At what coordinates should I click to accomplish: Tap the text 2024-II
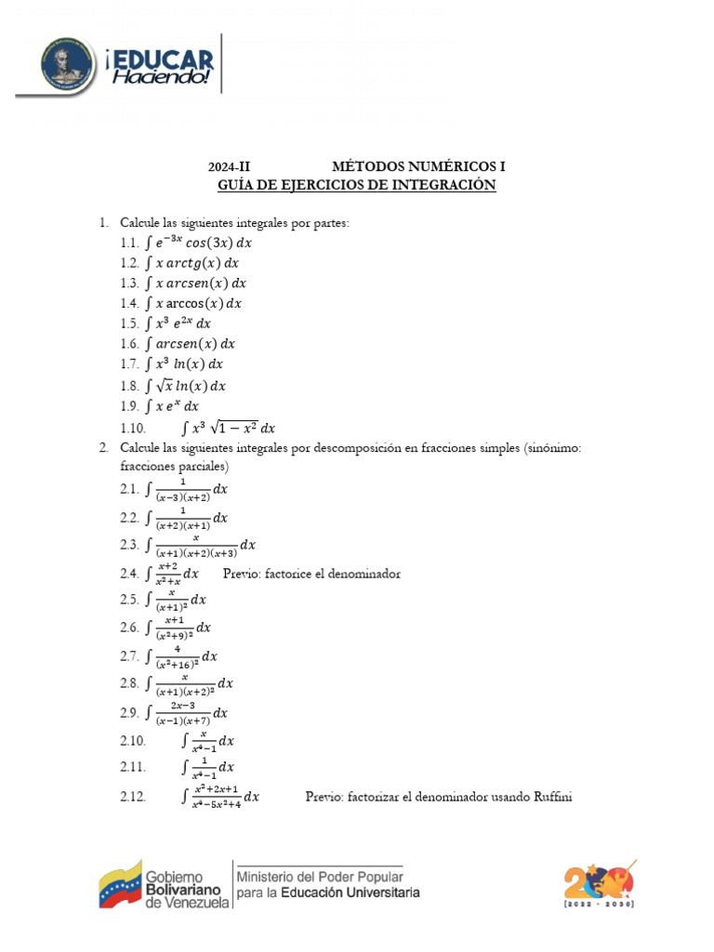[x=230, y=167]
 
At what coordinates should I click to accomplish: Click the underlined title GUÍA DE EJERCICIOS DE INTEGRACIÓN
[x=357, y=186]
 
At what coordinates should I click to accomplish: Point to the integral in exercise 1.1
[x=198, y=243]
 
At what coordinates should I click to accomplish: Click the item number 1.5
[x=129, y=324]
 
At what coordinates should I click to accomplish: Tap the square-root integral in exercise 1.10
[x=230, y=428]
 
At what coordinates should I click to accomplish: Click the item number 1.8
[x=129, y=385]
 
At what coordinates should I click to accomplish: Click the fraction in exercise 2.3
[x=196, y=544]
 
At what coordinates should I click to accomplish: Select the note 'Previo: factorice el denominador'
[x=312, y=574]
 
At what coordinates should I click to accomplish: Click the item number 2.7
[x=129, y=656]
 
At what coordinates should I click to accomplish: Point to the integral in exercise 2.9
[x=186, y=713]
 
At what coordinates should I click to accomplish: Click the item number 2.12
[x=133, y=796]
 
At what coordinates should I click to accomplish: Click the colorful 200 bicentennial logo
[x=600, y=883]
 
